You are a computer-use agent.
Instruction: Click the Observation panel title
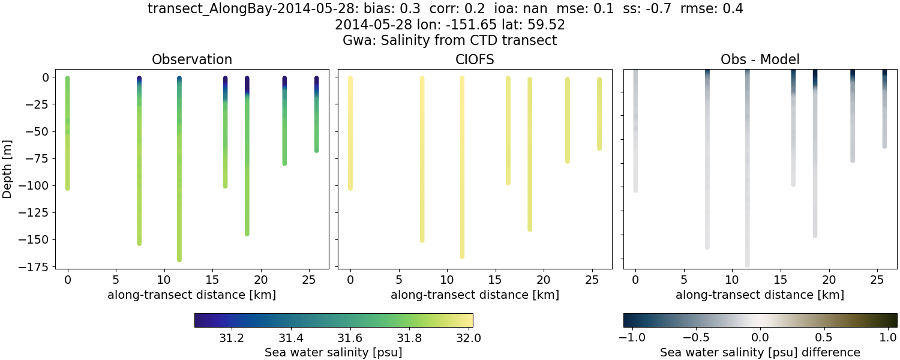pyautogui.click(x=192, y=59)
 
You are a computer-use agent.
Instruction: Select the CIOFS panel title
pyautogui.click(x=475, y=59)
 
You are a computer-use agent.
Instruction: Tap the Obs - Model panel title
pyautogui.click(x=760, y=59)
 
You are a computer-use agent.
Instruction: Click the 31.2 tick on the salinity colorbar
pyautogui.click(x=231, y=337)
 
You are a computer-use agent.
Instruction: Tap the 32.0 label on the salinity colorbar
pyautogui.click(x=468, y=337)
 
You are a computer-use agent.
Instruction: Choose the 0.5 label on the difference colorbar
pyautogui.click(x=825, y=337)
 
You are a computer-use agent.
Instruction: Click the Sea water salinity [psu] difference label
pyautogui.click(x=760, y=352)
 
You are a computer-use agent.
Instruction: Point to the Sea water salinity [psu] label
pyautogui.click(x=334, y=352)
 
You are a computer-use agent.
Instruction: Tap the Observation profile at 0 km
pyautogui.click(x=67, y=132)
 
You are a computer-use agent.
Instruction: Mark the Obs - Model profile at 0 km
pyautogui.click(x=635, y=132)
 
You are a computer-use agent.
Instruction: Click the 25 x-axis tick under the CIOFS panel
pyautogui.click(x=592, y=280)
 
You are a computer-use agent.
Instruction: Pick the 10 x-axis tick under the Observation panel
pyautogui.click(x=164, y=280)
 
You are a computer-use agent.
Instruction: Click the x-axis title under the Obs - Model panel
pyautogui.click(x=760, y=295)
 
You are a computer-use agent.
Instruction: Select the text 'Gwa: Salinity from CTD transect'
pyautogui.click(x=450, y=41)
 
